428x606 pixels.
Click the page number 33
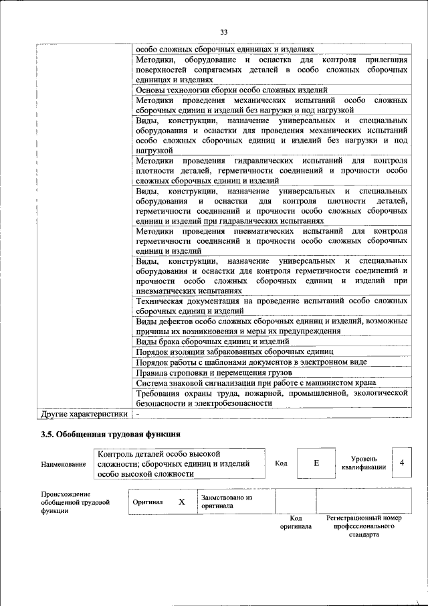[224, 31]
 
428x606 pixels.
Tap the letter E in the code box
[316, 463]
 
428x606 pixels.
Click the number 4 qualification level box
[401, 463]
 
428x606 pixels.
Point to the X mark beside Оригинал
[181, 502]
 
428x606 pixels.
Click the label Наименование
[63, 464]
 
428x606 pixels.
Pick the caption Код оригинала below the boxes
[296, 522]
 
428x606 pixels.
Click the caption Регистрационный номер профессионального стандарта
[364, 527]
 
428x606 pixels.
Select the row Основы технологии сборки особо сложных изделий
[231, 89]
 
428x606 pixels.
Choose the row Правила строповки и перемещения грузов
[213, 372]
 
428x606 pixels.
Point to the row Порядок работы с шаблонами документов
[251, 362]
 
